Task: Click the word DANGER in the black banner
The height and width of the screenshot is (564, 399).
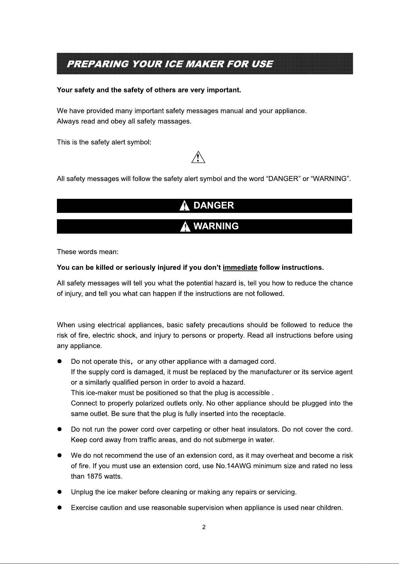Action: point(214,206)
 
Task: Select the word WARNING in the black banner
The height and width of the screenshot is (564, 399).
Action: point(216,226)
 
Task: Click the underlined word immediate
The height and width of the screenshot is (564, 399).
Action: point(240,268)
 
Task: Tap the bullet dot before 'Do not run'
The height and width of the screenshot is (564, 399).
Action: point(59,429)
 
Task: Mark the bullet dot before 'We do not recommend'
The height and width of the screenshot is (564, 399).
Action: point(59,456)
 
